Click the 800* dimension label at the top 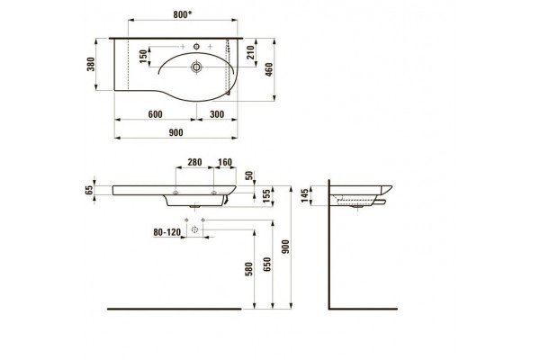coord(183,14)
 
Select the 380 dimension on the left coord(91,64)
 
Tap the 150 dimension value coord(143,57)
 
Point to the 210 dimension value coord(250,52)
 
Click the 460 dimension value coord(269,69)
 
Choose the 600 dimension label coord(156,114)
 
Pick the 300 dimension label coord(217,114)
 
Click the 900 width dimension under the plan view coord(176,132)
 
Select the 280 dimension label coord(194,162)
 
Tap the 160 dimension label coord(225,162)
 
